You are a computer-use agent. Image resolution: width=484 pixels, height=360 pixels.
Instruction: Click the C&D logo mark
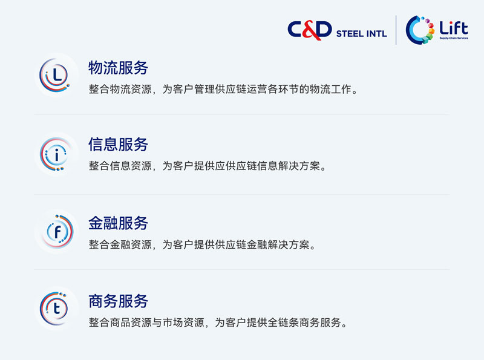310,30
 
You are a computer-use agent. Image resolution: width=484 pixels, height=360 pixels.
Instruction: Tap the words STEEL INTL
361,34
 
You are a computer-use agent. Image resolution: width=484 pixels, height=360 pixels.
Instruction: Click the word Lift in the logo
454,28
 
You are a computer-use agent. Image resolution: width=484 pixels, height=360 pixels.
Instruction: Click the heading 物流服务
118,68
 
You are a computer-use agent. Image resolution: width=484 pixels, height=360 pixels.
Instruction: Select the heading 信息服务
118,144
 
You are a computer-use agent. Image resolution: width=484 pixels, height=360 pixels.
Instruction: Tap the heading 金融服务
118,223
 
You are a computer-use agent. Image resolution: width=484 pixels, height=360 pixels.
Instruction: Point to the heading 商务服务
118,301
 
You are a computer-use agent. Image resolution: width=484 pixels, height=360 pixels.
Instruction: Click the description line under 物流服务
223,89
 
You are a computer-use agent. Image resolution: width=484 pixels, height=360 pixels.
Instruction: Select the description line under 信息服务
208,166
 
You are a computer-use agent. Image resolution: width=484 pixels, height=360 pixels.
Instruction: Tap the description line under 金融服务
202,244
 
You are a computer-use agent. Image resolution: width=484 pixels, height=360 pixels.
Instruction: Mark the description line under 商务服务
218,322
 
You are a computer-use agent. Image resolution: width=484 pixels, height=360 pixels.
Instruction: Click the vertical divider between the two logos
396,30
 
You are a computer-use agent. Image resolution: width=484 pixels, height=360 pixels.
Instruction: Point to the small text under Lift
454,38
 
